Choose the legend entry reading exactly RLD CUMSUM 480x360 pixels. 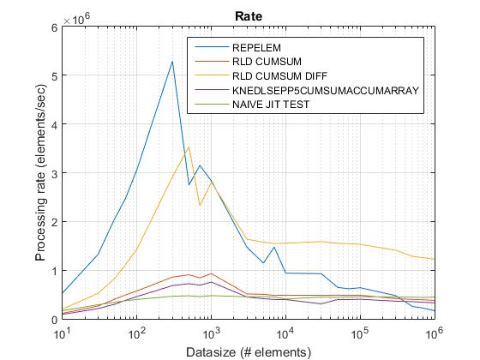tap(261, 62)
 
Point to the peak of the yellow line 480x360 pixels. tap(189, 147)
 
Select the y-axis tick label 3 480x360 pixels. tap(53, 173)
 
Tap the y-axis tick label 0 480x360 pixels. tap(53, 320)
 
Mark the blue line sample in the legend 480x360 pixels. tap(210, 49)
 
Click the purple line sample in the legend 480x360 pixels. tap(210, 88)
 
